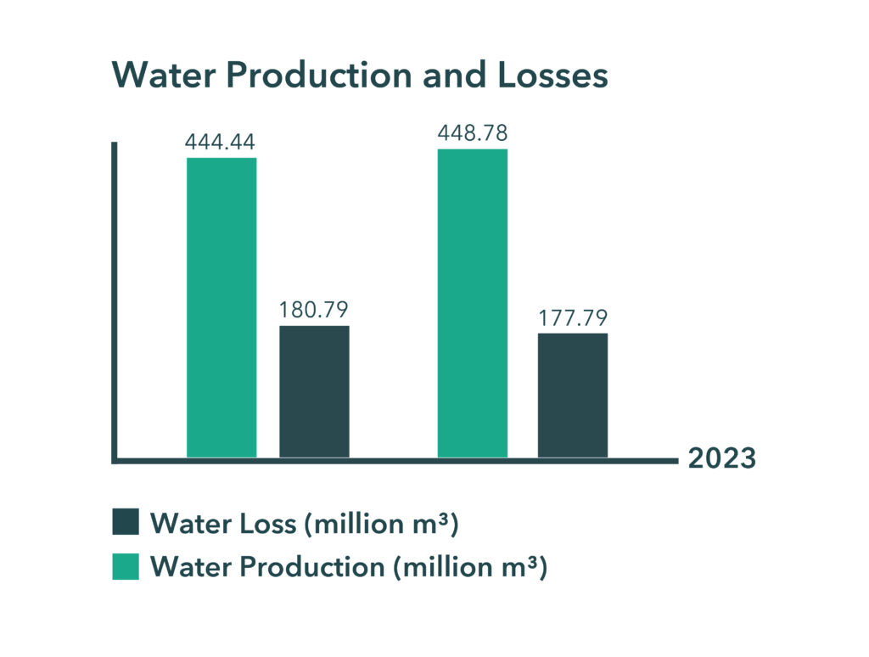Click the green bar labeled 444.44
tap(221, 307)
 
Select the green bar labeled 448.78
tap(473, 303)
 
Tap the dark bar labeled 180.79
tap(314, 391)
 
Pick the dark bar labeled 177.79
tap(573, 395)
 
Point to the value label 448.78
tap(473, 133)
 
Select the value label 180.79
tap(314, 310)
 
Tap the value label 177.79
tap(573, 318)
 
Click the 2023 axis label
tap(720, 458)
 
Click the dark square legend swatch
tap(126, 522)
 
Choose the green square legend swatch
tap(126, 566)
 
